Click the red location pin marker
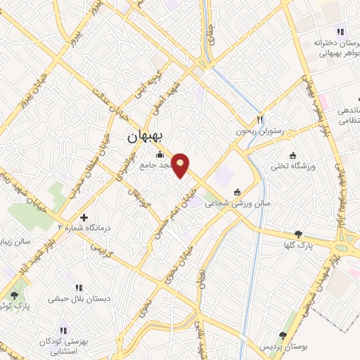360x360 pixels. [x=181, y=165]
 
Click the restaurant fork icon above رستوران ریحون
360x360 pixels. [x=260, y=120]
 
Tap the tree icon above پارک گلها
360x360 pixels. [x=300, y=234]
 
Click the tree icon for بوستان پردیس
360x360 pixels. [x=283, y=336]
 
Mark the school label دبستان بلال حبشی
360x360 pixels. [x=71, y=299]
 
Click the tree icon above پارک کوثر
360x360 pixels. [x=15, y=295]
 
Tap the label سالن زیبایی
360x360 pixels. [x=16, y=241]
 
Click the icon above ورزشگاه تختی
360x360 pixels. [x=292, y=155]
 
